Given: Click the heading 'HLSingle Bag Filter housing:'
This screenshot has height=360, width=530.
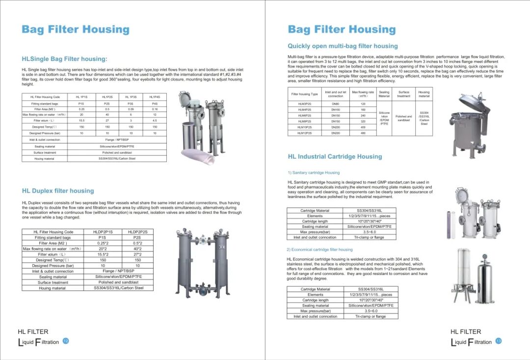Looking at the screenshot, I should [64, 59].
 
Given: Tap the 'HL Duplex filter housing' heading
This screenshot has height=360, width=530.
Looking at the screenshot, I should [58, 191].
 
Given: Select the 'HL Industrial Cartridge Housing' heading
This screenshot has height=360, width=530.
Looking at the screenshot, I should [335, 157].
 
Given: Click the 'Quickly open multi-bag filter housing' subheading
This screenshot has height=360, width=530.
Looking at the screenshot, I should [343, 46].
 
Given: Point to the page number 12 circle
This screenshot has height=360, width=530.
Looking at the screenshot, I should [66, 341].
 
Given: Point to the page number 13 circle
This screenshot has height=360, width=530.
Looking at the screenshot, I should [499, 341].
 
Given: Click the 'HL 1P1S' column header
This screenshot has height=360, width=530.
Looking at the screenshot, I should [81, 97].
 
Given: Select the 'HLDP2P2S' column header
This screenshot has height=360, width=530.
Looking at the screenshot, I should [137, 232].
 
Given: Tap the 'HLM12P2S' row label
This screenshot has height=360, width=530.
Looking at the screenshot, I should [305, 133].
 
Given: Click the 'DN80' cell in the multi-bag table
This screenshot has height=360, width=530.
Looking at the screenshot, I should [336, 104].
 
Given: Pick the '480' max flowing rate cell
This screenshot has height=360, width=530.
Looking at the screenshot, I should [363, 133].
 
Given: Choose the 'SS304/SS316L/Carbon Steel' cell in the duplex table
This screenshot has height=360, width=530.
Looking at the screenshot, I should [118, 288].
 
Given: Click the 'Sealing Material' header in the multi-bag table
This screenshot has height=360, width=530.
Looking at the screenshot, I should [384, 94].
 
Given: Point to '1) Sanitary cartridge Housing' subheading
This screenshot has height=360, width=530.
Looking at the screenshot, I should [314, 173].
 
